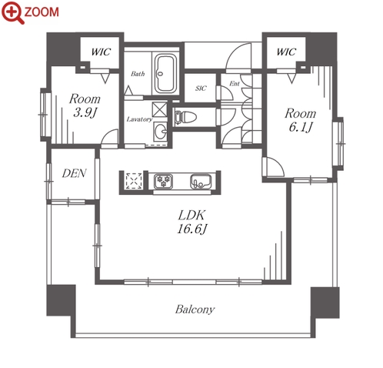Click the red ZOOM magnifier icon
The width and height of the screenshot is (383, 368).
point(12,12)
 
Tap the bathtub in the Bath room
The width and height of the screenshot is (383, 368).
point(165,74)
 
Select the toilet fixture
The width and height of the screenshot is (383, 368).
point(185,117)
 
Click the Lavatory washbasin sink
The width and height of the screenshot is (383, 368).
point(161,132)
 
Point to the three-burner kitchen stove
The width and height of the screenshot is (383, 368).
point(163,181)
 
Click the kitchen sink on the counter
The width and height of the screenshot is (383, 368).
point(201,181)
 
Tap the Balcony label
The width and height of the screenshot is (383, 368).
point(195,309)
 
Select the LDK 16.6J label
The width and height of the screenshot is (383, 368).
point(191,222)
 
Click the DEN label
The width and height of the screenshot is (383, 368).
point(74,174)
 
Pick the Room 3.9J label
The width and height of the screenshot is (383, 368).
point(85,105)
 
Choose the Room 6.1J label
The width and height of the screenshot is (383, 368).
point(301,120)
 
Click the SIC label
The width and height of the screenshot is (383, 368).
point(201,89)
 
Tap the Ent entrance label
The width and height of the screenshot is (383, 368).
point(235,83)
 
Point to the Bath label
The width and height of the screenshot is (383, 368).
point(138,74)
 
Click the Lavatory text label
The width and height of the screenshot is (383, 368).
point(139,119)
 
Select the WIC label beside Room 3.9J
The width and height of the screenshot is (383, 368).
point(101,52)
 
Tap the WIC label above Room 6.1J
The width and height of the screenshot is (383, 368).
point(286,52)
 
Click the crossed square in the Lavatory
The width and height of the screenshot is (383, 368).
point(159,109)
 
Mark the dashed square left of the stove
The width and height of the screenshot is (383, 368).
point(134,181)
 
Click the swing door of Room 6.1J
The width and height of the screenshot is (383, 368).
point(275,166)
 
